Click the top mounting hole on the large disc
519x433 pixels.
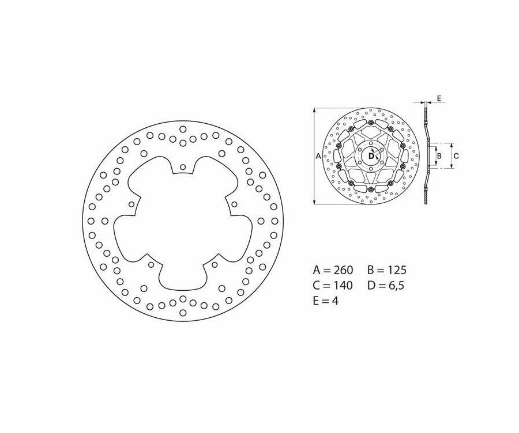pos(183,167)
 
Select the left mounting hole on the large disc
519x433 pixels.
pos(131,204)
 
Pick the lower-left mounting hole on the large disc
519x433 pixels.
pos(151,264)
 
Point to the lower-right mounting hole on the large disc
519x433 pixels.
pos(215,264)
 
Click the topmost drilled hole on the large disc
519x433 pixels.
pos(183,129)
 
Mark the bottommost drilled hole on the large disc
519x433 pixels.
pos(183,313)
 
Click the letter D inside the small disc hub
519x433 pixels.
pos(371,155)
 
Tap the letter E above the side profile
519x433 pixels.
pos(439,99)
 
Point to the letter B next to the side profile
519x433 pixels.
pos(439,155)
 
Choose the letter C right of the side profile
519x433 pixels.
pos(456,155)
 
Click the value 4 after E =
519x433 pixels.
pos(335,301)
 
